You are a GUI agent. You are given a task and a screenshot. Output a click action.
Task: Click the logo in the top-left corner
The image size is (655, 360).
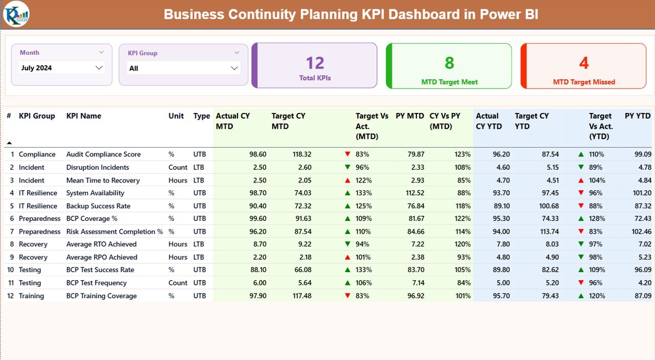16,14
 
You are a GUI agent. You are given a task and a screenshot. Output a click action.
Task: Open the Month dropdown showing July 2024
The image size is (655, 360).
61,67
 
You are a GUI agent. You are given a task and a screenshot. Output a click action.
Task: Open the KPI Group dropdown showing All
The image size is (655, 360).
183,68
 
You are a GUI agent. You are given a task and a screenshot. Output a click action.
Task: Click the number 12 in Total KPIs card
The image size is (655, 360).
315,63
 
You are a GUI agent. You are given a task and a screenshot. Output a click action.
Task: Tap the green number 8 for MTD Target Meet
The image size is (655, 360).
449,63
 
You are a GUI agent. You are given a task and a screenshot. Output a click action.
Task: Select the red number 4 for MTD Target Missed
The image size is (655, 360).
584,63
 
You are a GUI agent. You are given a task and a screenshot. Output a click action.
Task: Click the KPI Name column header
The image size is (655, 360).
83,116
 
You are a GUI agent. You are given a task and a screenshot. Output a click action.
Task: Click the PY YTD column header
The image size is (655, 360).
637,116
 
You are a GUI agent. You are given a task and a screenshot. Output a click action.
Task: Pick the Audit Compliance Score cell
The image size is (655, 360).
103,154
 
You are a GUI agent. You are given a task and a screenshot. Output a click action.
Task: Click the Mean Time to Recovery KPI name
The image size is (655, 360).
103,180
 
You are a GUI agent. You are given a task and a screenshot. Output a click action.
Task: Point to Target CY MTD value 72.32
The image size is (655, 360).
300,206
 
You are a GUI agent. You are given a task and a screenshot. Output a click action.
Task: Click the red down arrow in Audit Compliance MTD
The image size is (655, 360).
347,154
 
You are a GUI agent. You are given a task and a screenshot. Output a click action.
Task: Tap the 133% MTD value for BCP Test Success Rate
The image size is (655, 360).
363,270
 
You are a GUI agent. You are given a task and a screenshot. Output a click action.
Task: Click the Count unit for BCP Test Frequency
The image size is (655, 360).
178,283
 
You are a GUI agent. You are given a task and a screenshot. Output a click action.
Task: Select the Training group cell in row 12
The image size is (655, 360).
31,296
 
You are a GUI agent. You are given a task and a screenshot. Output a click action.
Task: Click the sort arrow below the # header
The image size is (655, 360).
9,143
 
